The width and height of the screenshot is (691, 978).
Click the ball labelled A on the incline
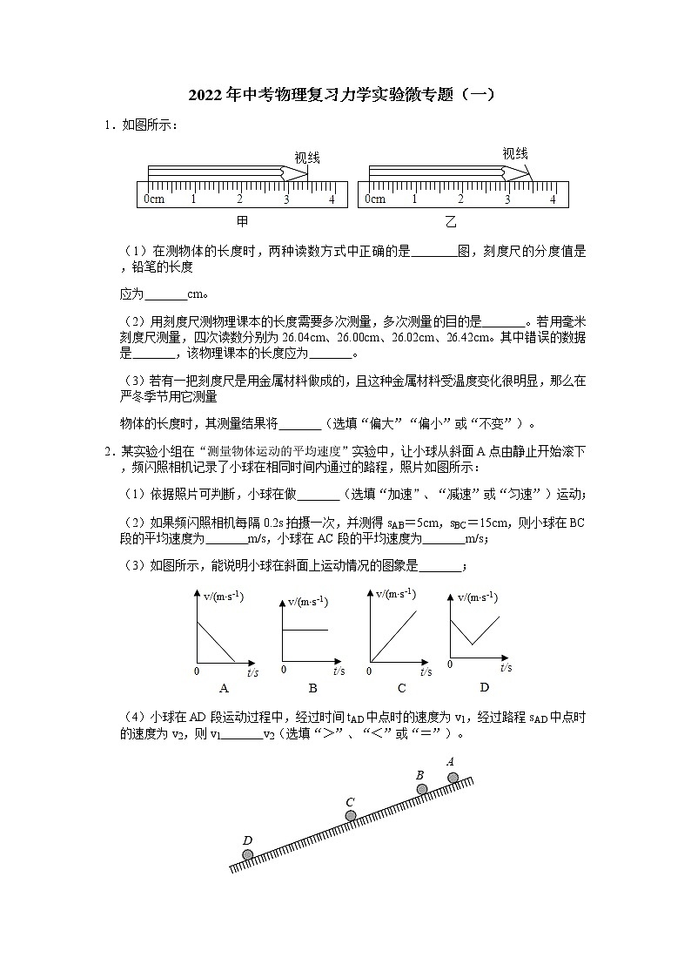[453, 778]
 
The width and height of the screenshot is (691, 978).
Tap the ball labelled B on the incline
[422, 790]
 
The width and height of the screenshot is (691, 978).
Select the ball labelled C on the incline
[351, 816]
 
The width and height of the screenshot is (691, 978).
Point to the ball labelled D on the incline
[248, 854]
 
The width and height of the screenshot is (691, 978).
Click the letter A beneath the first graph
[224, 688]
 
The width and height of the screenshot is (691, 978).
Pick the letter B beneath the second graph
[312, 687]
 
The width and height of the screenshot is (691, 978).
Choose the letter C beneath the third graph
[401, 688]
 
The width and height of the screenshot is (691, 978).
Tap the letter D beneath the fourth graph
[485, 687]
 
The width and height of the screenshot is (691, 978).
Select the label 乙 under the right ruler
[451, 222]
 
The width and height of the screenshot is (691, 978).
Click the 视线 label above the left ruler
[307, 158]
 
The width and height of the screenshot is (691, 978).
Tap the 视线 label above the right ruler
[515, 153]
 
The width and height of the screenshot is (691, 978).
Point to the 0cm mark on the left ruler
[154, 199]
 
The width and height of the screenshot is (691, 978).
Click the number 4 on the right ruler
[553, 199]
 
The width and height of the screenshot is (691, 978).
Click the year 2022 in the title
[206, 95]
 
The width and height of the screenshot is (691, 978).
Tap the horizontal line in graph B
[305, 629]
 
